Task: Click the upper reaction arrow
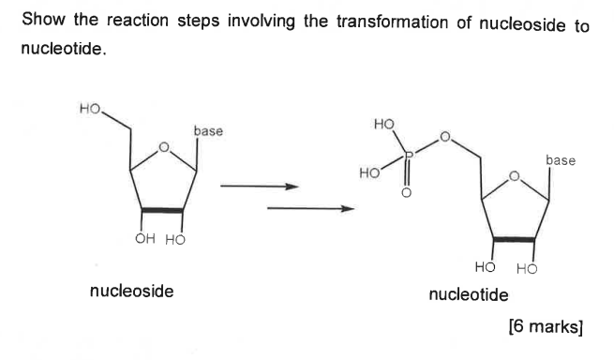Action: (x=259, y=187)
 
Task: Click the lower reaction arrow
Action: (x=309, y=208)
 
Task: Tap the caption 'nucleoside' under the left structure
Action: (x=131, y=291)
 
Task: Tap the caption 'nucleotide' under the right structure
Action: (x=469, y=295)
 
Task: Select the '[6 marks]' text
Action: (x=546, y=327)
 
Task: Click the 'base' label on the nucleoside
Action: (x=208, y=131)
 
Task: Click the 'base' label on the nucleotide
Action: (x=561, y=160)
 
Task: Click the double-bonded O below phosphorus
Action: (x=406, y=194)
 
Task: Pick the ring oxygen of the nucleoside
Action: (x=164, y=147)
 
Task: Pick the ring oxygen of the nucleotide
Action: (x=514, y=175)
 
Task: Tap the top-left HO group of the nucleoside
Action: (x=90, y=110)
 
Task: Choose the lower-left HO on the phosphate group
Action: (x=370, y=174)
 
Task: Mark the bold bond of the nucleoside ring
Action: (x=163, y=210)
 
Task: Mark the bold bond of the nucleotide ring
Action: (x=513, y=239)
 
